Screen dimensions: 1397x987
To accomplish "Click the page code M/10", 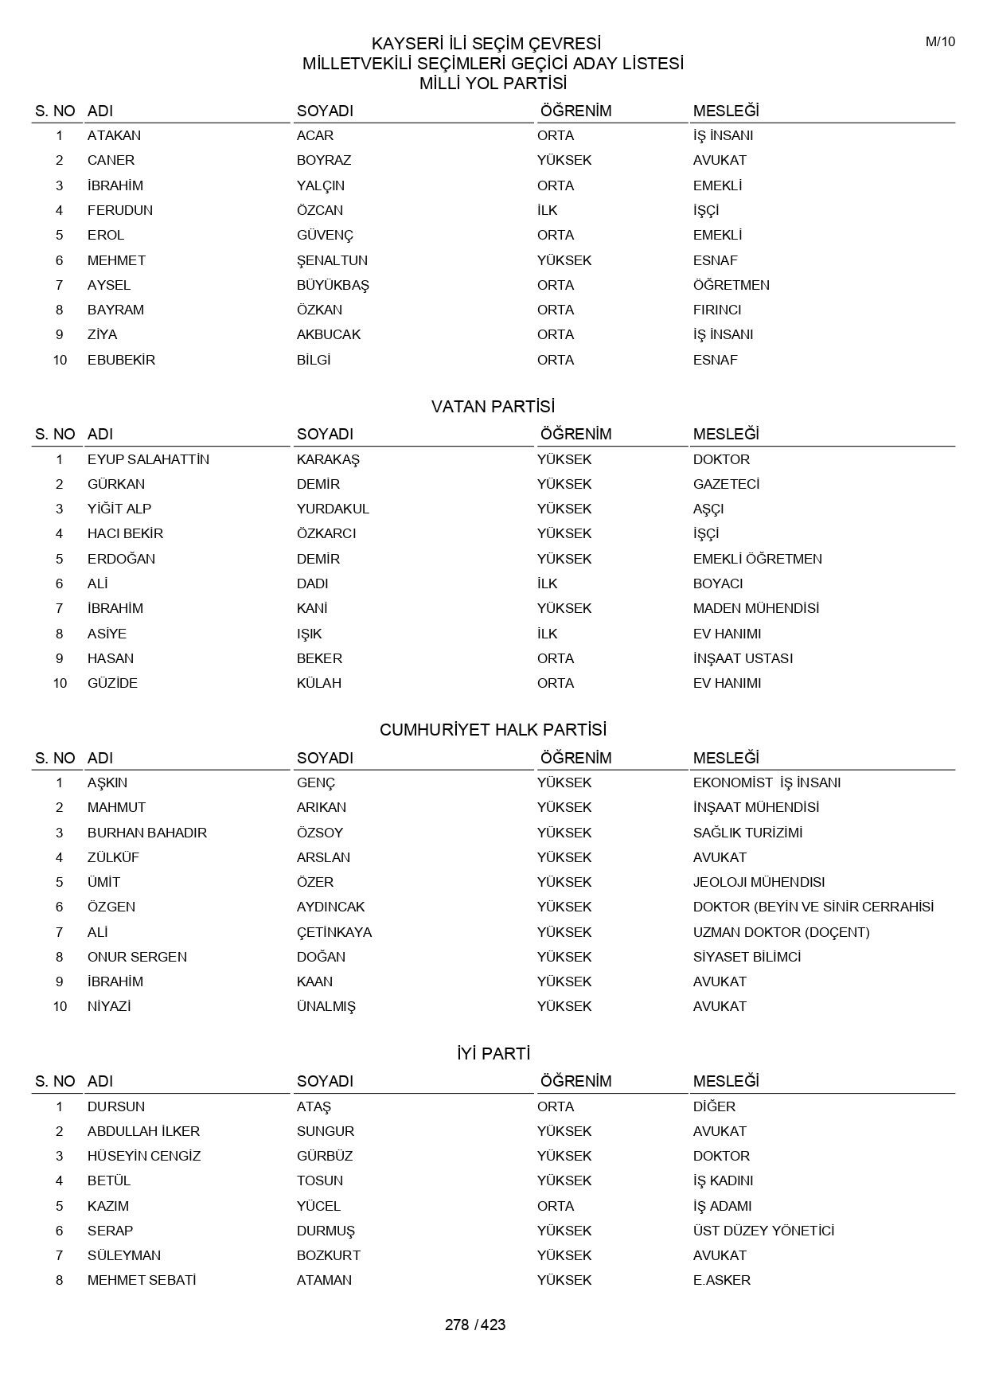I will pos(940,42).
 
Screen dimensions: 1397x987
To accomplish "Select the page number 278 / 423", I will pos(475,1325).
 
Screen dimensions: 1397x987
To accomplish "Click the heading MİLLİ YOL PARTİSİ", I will pos(493,84).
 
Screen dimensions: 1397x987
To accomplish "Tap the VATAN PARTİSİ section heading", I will pos(493,407).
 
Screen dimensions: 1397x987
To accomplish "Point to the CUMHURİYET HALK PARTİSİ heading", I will pos(493,730).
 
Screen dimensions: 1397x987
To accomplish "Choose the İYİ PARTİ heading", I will pos(493,1054).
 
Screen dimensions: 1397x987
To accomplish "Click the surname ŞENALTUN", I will pos(332,260).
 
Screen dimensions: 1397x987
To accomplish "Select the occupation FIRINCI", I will pos(716,310).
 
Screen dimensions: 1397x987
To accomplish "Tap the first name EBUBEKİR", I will pos(121,360).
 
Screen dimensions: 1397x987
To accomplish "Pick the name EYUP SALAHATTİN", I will pos(148,459).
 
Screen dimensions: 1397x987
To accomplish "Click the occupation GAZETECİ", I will pos(726,484).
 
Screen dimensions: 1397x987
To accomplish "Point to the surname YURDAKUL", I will pos(333,509).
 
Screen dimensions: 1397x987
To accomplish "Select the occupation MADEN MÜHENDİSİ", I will pos(755,608).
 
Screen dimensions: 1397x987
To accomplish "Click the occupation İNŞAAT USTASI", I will pos(743,658).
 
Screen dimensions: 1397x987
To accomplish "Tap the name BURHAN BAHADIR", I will pos(146,833).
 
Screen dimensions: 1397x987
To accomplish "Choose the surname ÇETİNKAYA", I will pos(334,932).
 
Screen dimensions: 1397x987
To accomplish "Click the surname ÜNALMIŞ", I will pos(326,1007).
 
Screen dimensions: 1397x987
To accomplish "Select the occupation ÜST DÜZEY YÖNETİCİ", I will pos(763,1231).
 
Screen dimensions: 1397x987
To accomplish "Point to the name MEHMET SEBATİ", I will pos(141,1280).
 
